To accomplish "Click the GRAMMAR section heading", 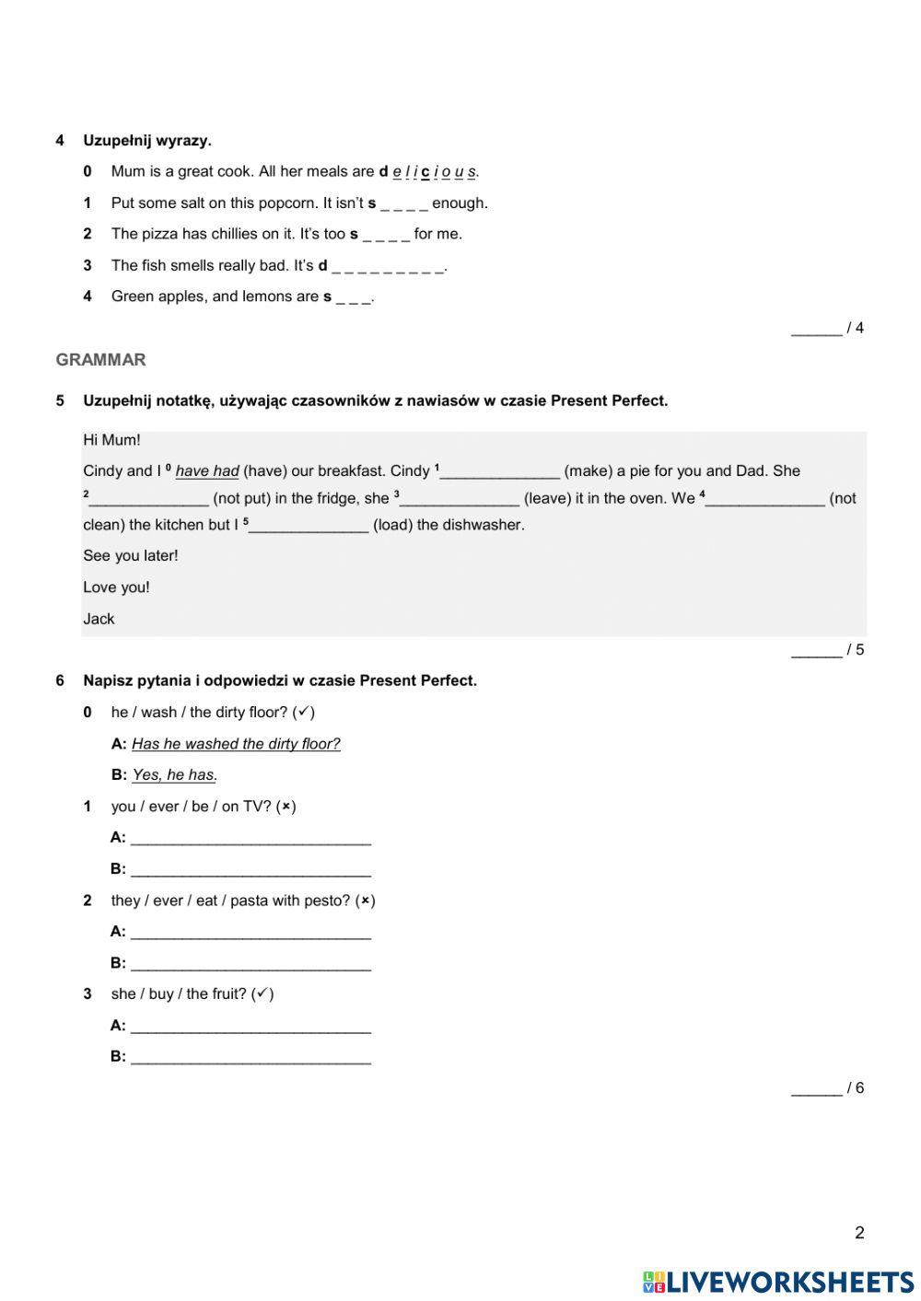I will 100,360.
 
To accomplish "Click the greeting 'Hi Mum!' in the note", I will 111,440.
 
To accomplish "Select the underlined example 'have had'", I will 207,471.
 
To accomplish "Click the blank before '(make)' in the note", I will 500,472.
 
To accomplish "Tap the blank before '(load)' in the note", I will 309,526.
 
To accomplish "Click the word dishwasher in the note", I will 485,526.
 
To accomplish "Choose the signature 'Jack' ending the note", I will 99,619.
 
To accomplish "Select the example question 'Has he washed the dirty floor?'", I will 236,744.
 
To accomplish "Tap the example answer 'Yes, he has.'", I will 175,775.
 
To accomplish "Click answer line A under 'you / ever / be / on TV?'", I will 251,838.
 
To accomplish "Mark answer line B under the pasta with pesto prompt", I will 251,963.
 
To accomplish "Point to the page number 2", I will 859,1233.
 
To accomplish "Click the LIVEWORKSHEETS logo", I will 778,1282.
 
